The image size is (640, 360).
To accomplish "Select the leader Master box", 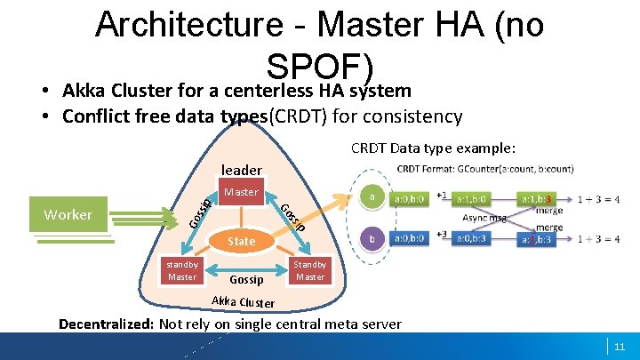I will tap(241, 193).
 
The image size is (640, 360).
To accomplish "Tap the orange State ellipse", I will tap(241, 241).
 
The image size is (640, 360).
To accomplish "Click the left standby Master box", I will tap(182, 270).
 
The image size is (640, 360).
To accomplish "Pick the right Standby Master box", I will tap(310, 270).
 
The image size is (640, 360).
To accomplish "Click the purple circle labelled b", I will tap(372, 238).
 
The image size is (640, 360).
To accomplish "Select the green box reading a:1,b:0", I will tap(477, 199).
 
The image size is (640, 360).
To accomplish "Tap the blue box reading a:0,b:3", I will tap(477, 238).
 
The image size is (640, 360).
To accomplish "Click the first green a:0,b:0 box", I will tap(410, 199).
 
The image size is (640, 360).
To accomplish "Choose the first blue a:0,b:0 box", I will tap(410, 238).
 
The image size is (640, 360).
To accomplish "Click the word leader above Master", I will tap(241, 170).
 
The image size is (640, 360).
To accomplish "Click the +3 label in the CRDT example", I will tap(441, 234).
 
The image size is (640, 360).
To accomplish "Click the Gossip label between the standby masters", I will tap(246, 279).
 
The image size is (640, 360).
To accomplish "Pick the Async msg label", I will tap(485, 218).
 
